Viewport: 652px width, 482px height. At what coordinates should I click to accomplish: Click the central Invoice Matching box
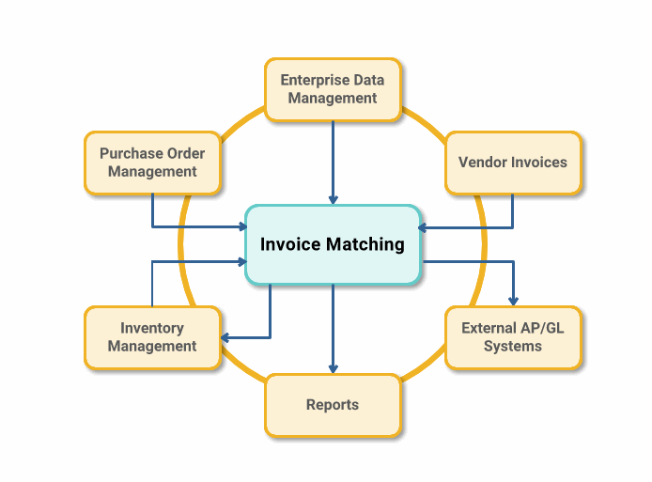tap(333, 244)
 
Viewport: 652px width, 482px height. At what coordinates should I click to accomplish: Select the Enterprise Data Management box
tap(333, 89)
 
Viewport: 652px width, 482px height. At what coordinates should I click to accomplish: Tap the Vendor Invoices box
tap(512, 162)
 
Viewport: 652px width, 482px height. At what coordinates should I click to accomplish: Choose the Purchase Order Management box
tap(152, 162)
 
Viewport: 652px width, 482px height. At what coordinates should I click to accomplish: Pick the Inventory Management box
tap(152, 336)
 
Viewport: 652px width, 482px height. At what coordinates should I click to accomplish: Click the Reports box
tap(333, 405)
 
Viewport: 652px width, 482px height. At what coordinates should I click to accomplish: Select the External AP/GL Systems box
tap(512, 336)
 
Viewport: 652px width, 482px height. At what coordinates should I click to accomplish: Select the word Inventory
tap(152, 328)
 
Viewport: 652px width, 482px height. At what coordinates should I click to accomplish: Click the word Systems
tap(513, 346)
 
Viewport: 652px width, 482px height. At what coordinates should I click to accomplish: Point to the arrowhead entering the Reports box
tap(333, 368)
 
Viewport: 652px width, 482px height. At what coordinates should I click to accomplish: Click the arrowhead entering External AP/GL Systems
tap(513, 301)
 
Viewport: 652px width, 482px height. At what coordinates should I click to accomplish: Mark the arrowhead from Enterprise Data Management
tap(333, 198)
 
